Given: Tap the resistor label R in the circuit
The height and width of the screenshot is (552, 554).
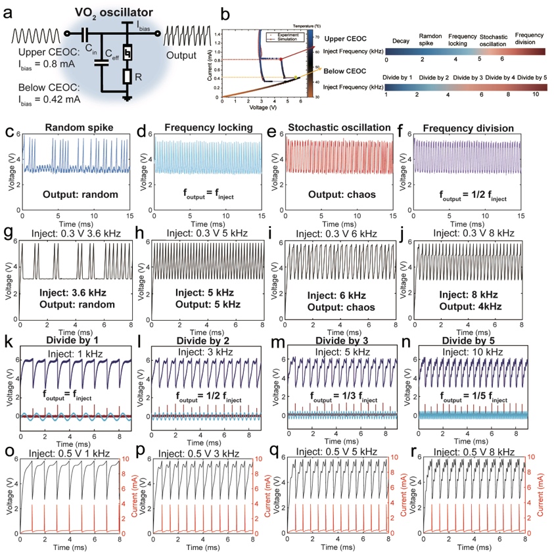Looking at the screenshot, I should pyautogui.click(x=156, y=78).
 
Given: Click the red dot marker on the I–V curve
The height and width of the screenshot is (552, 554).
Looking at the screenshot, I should pyautogui.click(x=281, y=59).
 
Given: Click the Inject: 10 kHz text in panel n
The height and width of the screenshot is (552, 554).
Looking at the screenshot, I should pyautogui.click(x=470, y=352).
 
